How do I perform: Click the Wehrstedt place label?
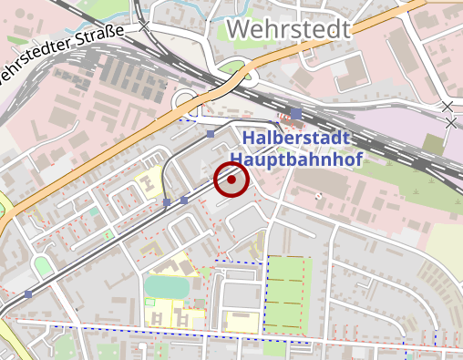tap(287, 29)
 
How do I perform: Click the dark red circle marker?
tap(231, 180)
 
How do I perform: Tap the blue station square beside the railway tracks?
tap(296, 114)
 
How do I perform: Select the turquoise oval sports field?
tap(166, 286)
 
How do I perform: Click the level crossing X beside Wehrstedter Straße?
tap(145, 27)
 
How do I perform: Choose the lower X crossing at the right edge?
tap(450, 122)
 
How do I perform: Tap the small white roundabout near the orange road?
tap(186, 98)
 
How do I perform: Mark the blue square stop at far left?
tap(28, 294)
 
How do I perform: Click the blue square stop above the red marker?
tap(211, 134)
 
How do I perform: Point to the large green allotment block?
tap(287, 292)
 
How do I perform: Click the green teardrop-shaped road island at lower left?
tap(42, 266)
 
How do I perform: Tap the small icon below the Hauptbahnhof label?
tap(317, 196)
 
